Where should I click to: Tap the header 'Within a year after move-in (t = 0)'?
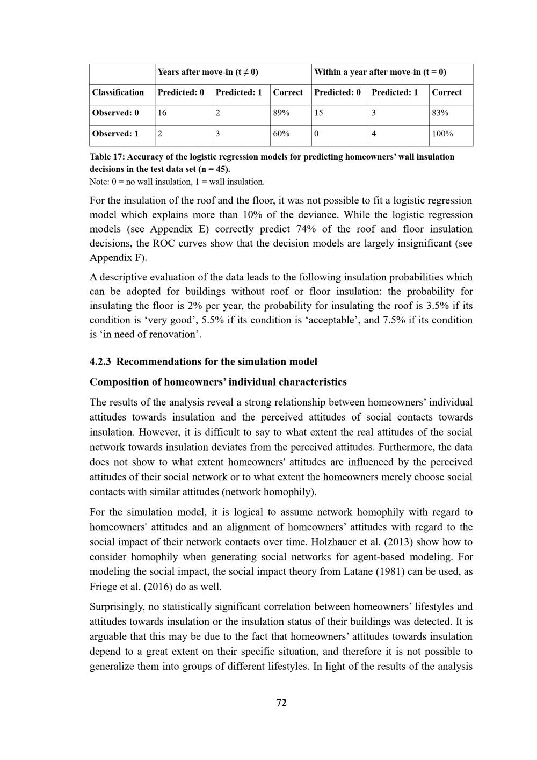tap(380, 72)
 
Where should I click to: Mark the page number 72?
tap(281, 703)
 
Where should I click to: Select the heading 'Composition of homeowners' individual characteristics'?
tap(218, 382)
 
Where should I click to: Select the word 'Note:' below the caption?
tap(99, 182)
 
